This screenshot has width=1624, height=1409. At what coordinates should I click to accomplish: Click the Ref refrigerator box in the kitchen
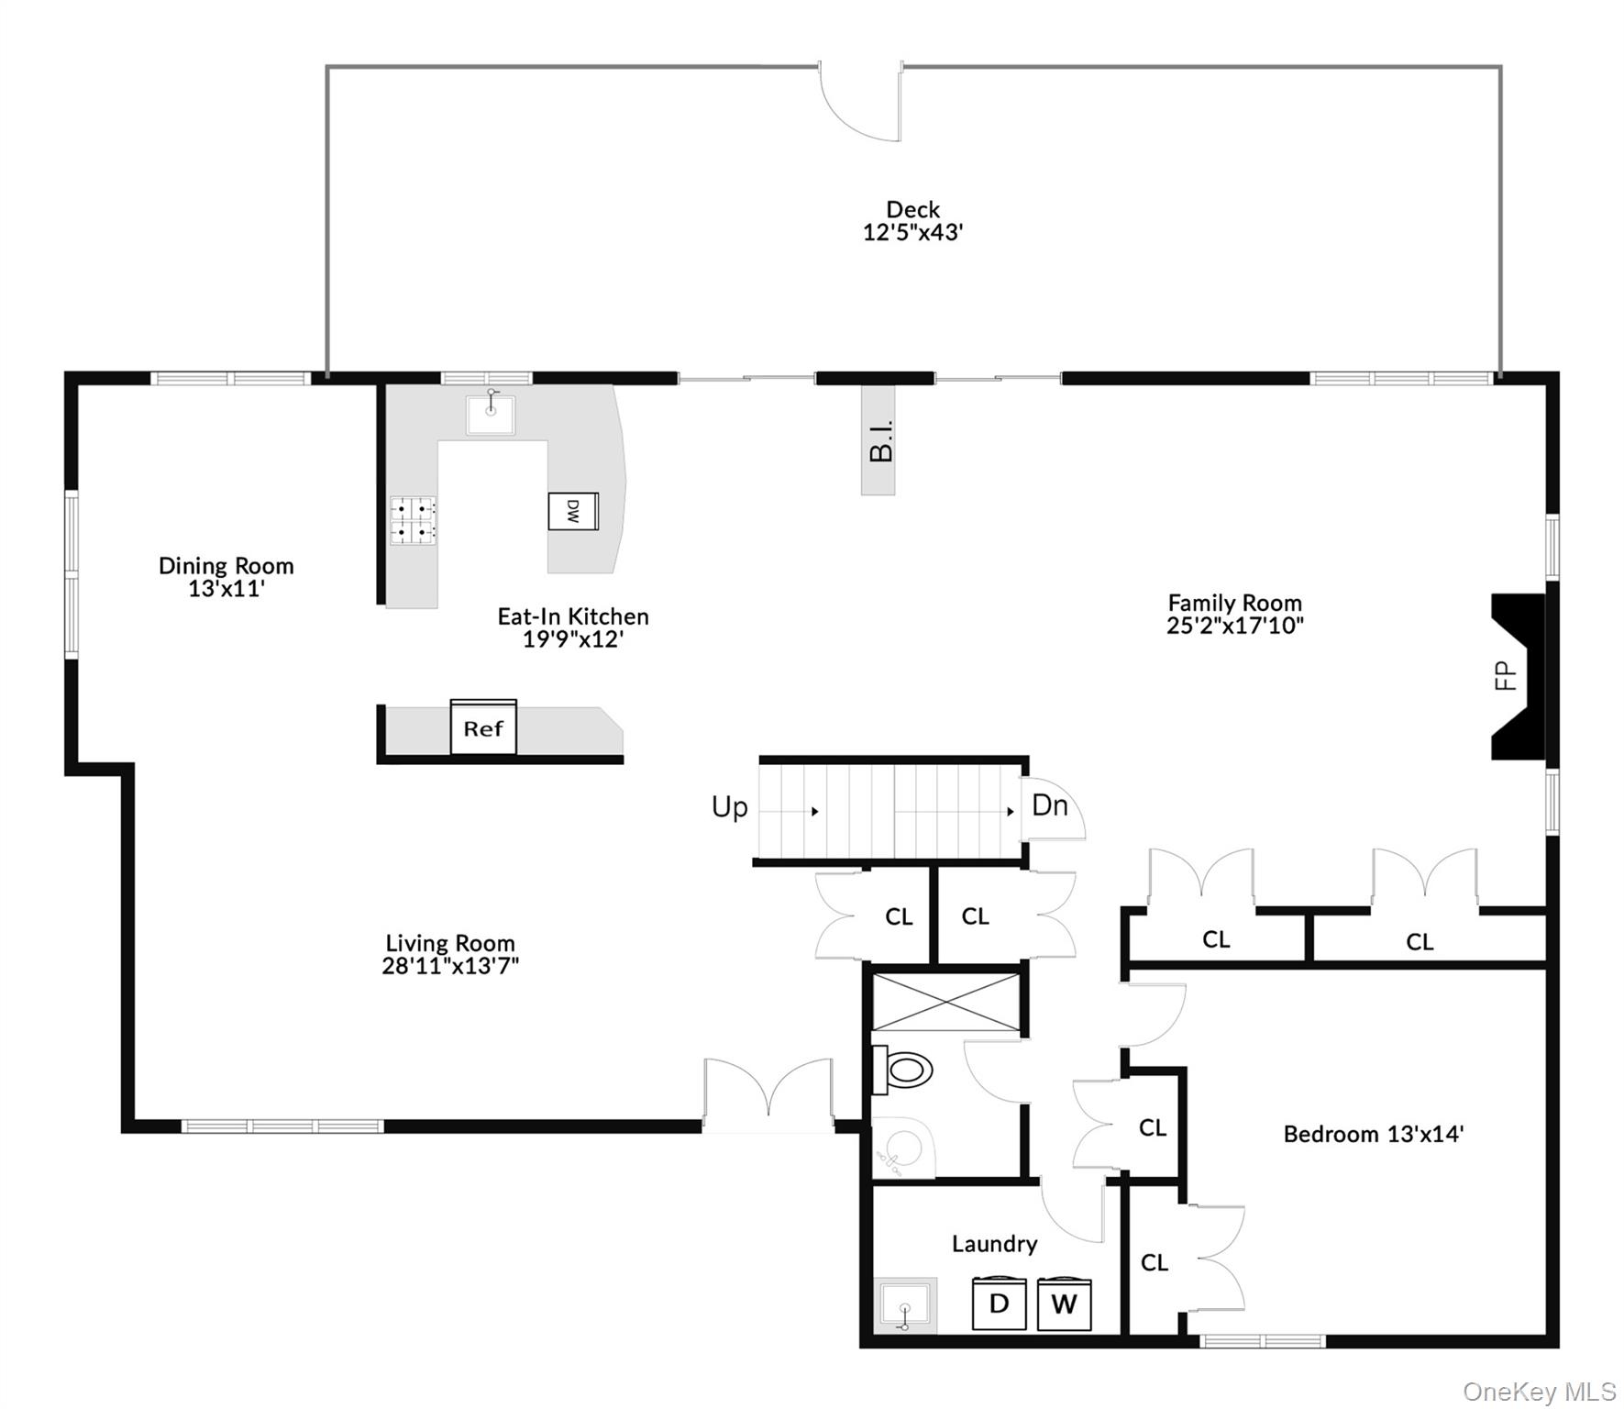(483, 728)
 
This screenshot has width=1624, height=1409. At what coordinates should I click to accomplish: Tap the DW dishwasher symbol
(573, 511)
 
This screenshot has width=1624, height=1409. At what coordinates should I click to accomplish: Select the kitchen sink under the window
(491, 415)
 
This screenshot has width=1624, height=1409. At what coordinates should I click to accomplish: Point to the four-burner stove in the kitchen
(413, 520)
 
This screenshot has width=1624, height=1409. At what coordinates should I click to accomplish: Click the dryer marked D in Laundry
(999, 1303)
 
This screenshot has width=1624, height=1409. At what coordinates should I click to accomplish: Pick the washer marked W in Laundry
(1064, 1304)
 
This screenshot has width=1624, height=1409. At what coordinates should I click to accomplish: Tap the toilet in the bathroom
(903, 1070)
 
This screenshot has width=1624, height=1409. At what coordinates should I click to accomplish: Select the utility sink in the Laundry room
(905, 1304)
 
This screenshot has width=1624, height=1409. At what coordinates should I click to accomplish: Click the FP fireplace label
(1506, 676)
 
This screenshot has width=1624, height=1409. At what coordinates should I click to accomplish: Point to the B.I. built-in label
(879, 440)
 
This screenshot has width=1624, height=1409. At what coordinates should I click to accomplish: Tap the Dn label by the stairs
(1050, 805)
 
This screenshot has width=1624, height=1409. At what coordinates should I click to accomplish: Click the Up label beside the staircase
(730, 807)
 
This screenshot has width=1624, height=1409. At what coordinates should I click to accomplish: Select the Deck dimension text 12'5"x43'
(912, 233)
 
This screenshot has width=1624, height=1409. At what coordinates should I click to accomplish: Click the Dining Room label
(226, 566)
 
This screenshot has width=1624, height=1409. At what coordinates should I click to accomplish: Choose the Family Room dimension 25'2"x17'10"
(1234, 626)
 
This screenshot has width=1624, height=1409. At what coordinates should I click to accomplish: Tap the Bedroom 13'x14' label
(1373, 1135)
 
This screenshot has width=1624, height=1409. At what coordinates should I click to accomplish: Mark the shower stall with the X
(945, 1003)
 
